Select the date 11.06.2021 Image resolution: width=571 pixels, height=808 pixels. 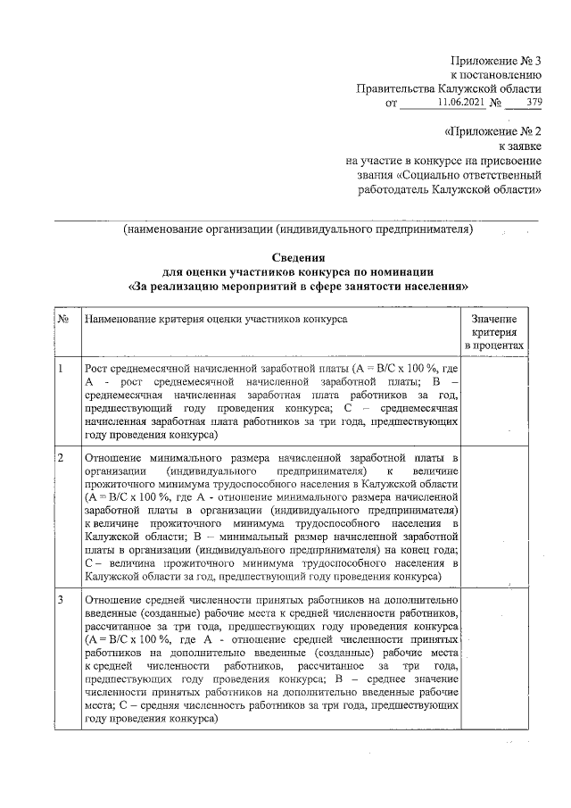tap(462, 104)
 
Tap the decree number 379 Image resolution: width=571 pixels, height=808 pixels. tap(534, 104)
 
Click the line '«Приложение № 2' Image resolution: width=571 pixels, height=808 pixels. tap(492, 132)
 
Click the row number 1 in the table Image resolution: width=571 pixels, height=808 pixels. tap(60, 369)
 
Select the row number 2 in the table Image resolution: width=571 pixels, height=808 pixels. tap(60, 458)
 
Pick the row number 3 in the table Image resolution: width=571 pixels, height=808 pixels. tap(60, 599)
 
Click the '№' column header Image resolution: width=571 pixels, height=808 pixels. tap(63, 318)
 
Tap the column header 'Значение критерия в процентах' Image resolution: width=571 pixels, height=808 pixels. tap(493, 331)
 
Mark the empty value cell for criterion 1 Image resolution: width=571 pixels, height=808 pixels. tap(493, 402)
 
